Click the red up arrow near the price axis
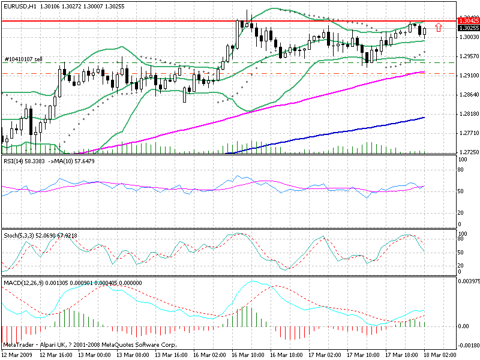coord(439,28)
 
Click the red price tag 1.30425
coord(468,21)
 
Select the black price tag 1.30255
coord(468,28)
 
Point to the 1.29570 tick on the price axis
coord(468,57)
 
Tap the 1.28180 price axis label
coord(468,114)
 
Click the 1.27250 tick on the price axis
coord(468,152)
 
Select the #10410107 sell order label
coord(23,59)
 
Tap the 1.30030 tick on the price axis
coord(468,37)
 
